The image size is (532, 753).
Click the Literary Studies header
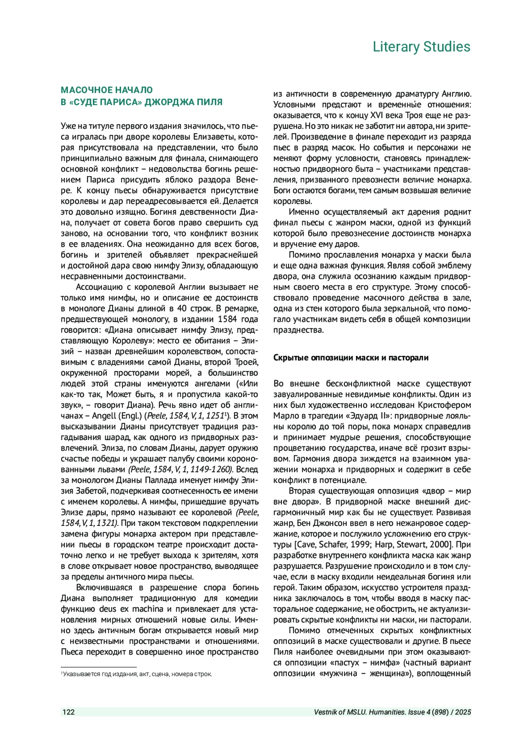421,47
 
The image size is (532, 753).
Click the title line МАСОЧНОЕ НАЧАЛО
107,90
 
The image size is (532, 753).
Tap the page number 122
69,712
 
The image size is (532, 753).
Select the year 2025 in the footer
463,712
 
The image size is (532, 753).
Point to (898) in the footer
441,712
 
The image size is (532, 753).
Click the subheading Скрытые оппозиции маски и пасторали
351,358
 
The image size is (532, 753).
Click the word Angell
104,416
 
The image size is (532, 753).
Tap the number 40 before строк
181,308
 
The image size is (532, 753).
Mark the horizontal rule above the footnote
98,667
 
